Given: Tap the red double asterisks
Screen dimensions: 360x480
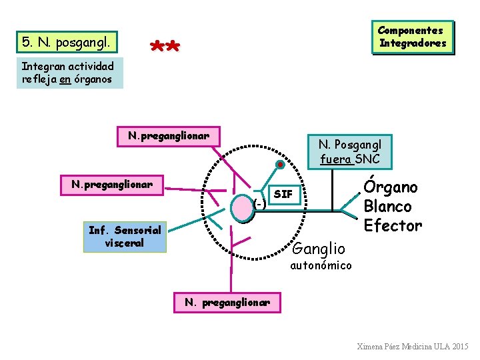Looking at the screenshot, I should [x=165, y=48].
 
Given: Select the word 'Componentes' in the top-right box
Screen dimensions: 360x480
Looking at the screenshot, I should [x=410, y=31].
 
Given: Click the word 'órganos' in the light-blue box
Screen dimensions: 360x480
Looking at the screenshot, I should [x=93, y=79].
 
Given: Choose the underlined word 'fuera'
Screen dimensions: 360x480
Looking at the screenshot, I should [x=336, y=159].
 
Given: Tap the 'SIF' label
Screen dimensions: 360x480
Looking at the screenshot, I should [x=284, y=193].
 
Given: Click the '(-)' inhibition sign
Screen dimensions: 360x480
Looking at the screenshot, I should [x=260, y=203].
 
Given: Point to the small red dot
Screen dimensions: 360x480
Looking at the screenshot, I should [x=281, y=164].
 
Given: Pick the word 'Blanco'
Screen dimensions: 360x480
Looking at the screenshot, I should [x=388, y=207].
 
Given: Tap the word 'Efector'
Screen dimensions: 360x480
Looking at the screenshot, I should [x=393, y=226].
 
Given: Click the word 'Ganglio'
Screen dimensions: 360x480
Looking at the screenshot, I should [x=320, y=249].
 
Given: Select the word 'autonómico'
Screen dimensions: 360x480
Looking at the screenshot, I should [x=320, y=265].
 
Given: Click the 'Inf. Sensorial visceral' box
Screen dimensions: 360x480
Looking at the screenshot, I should [x=125, y=237].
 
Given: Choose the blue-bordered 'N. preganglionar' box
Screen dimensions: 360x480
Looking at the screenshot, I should [x=227, y=302].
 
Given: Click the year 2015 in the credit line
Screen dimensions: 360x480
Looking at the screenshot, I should [x=460, y=347].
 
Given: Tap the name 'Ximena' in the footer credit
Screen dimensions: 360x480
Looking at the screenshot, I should [x=369, y=347].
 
